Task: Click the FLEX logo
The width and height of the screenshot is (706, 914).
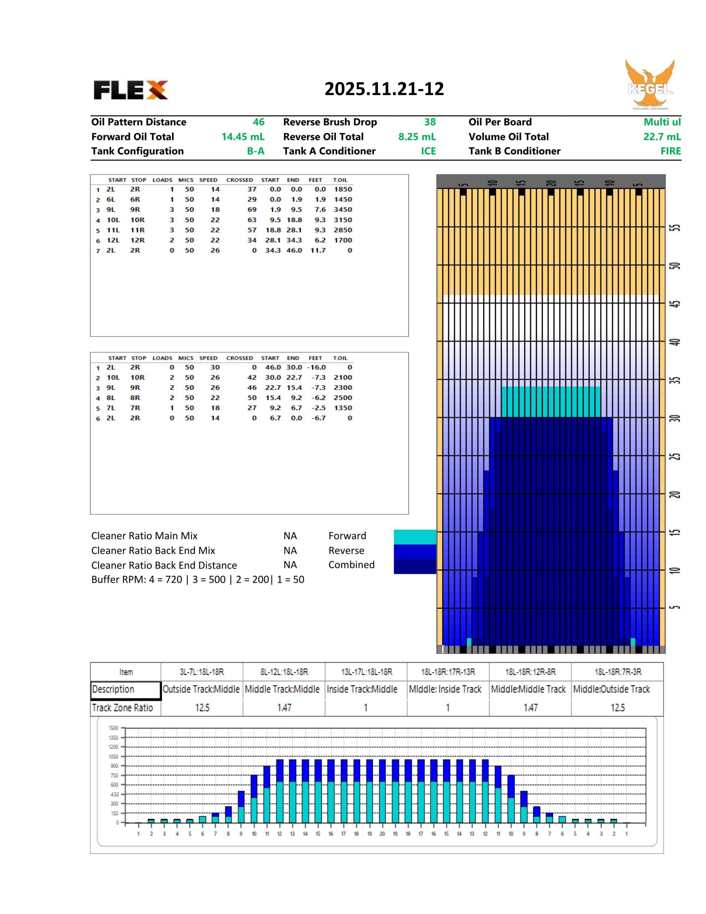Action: pos(131,90)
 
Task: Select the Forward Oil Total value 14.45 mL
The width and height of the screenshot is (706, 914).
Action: pos(243,137)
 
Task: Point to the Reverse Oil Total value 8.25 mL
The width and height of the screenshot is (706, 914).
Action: pos(417,137)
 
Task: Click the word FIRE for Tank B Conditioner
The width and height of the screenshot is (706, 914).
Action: pos(670,151)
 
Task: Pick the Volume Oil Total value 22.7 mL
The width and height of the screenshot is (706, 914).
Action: pos(662,137)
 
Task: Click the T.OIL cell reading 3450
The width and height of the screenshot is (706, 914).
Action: pos(343,210)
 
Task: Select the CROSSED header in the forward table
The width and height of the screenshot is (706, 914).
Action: pos(239,180)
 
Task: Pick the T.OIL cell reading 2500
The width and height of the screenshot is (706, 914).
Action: pos(343,398)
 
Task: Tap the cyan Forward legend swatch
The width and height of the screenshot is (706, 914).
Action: pos(415,537)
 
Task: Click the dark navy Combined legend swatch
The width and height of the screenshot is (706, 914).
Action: pos(415,567)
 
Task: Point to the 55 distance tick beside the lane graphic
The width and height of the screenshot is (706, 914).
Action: pos(676,228)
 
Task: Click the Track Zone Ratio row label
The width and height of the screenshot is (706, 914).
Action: pos(122,708)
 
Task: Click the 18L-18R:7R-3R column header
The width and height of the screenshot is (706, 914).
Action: pos(617,672)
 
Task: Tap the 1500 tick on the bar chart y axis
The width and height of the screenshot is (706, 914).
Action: pos(114,728)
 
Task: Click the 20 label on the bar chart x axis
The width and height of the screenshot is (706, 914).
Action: pos(382,834)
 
